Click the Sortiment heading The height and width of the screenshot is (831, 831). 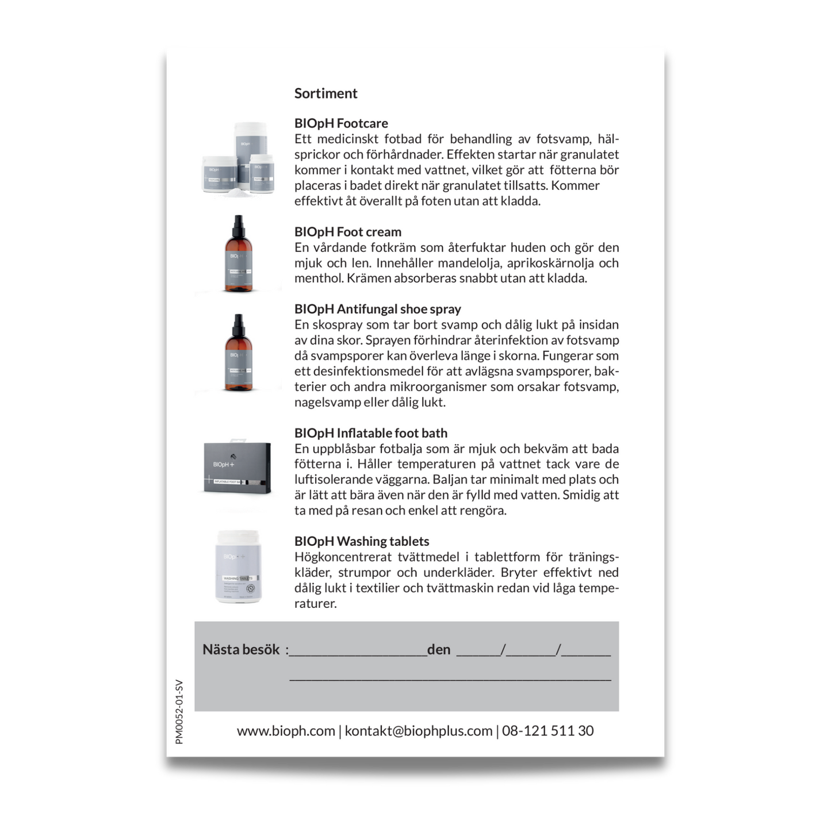tap(325, 93)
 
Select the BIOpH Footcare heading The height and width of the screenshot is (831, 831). tap(341, 123)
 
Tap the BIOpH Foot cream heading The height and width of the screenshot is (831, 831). tap(347, 232)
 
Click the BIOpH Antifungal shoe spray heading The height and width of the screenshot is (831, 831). tap(377, 309)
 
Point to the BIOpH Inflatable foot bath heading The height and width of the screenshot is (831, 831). tap(370, 433)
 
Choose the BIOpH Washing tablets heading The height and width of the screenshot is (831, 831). tap(361, 541)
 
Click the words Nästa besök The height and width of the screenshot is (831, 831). tap(241, 650)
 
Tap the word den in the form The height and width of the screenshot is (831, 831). tap(439, 650)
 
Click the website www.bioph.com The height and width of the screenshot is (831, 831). tap(286, 731)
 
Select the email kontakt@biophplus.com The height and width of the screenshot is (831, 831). tap(418, 731)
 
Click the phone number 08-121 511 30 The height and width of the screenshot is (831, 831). tap(547, 731)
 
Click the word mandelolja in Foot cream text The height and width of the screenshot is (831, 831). tap(457, 263)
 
